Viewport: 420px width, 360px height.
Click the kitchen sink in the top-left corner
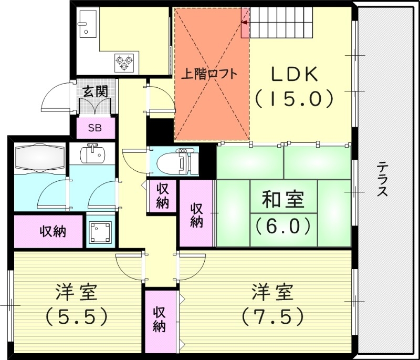pos(86,24)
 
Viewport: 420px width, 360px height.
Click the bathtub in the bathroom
pos(39,157)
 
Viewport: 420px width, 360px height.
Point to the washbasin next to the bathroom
pos(93,154)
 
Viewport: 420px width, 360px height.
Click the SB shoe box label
pos(95,128)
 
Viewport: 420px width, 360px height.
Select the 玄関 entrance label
pos(95,90)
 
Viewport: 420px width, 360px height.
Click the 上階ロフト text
pos(209,74)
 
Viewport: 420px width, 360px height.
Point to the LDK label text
pos(294,74)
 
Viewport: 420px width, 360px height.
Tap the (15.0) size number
pos(294,98)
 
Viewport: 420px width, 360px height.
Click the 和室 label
pos(283,201)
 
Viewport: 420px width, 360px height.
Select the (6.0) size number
pos(283,225)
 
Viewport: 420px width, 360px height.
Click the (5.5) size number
pos(77,316)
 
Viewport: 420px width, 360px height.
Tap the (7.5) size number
pos(273,316)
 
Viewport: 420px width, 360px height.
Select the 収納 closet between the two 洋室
pos(160,319)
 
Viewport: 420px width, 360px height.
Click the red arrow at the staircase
pos(245,22)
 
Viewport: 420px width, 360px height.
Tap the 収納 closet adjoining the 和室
pos(196,214)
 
